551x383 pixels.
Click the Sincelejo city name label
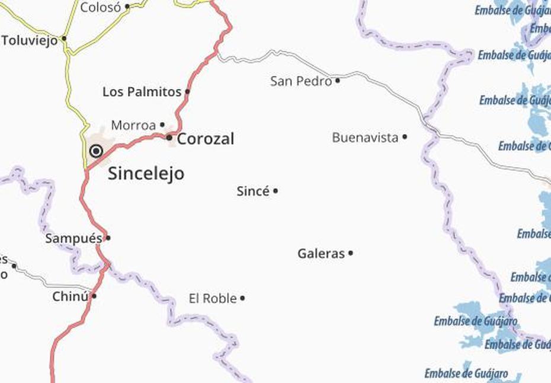pyautogui.click(x=146, y=174)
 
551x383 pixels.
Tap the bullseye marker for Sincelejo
pyautogui.click(x=96, y=151)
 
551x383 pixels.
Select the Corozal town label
pyautogui.click(x=206, y=139)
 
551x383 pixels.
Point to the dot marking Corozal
pyautogui.click(x=169, y=139)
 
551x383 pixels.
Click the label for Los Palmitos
pyautogui.click(x=142, y=92)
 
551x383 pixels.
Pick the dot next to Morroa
pyautogui.click(x=162, y=125)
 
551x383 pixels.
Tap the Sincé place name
pyautogui.click(x=253, y=191)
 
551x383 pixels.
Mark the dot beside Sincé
pyautogui.click(x=275, y=191)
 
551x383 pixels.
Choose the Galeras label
pyautogui.click(x=321, y=254)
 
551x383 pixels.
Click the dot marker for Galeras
pyautogui.click(x=351, y=253)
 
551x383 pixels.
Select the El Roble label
pyautogui.click(x=213, y=298)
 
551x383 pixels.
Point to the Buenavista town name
pyautogui.click(x=365, y=138)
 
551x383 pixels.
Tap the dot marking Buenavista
pyautogui.click(x=405, y=137)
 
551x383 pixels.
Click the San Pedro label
pyautogui.click(x=301, y=81)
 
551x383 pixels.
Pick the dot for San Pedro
pyautogui.click(x=338, y=81)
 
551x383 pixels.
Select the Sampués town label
pyautogui.click(x=73, y=238)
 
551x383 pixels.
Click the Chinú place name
pyautogui.click(x=71, y=296)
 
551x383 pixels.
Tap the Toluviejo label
pyautogui.click(x=30, y=40)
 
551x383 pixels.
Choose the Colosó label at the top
pyautogui.click(x=101, y=8)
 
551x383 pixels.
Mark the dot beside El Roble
pyautogui.click(x=242, y=298)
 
